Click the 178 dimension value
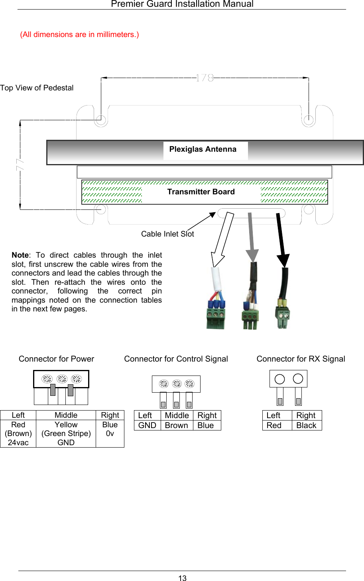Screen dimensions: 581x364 point(205,78)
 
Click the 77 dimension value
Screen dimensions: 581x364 point(20,164)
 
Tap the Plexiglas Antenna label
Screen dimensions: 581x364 point(203,149)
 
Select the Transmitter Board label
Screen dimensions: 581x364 point(201,192)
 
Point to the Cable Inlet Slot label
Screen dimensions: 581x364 point(167,234)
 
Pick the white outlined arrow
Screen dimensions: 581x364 point(222,239)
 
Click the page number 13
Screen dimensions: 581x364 point(182,578)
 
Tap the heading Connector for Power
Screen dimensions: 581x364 point(56,359)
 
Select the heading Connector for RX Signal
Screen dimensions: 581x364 point(301,359)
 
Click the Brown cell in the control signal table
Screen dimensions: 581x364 point(176,425)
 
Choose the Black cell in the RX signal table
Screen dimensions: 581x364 point(306,425)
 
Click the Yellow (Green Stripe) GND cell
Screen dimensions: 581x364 point(66,434)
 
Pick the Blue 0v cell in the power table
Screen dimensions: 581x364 point(110,429)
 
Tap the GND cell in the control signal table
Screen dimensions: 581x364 point(147,425)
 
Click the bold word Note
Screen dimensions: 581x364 point(20,255)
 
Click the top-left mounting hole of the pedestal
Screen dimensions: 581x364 point(101,119)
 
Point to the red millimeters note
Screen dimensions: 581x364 point(79,35)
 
